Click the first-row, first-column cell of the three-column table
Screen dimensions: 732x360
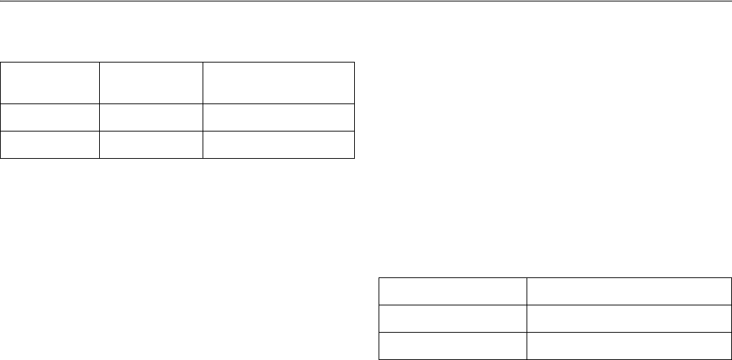[x=50, y=83]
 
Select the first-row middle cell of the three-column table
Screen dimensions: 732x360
[x=151, y=83]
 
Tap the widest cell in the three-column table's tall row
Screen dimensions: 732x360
[x=279, y=83]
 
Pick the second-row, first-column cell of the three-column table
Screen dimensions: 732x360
[x=50, y=118]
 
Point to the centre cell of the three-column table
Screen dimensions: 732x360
[x=151, y=118]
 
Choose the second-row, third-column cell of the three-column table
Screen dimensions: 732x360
[x=279, y=118]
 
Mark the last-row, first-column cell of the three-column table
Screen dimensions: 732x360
[x=50, y=144]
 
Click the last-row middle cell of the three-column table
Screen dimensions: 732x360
[x=151, y=144]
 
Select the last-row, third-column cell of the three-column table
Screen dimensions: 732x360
[x=279, y=144]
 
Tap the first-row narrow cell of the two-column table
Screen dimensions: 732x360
[x=453, y=291]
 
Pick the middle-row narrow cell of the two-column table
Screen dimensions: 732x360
[x=453, y=318]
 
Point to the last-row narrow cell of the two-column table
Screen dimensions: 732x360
[x=453, y=344]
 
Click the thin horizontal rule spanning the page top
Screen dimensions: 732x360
[x=366, y=1]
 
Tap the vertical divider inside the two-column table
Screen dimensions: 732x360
[x=526, y=318]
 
